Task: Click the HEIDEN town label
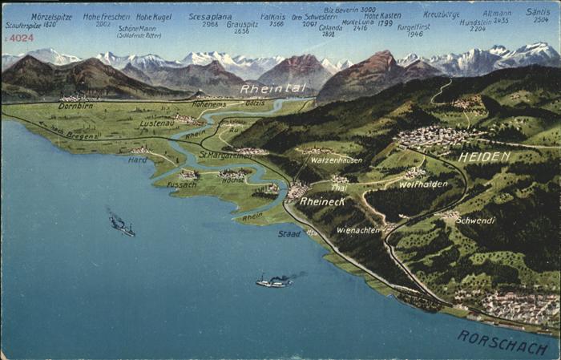point(483,157)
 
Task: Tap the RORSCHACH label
point(502,342)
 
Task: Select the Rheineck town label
point(322,201)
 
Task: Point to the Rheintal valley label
point(272,88)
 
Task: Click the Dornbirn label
point(75,106)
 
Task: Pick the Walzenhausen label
point(336,160)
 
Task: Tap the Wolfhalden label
point(423,184)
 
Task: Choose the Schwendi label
point(475,220)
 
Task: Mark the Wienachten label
point(358,230)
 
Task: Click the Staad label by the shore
point(289,233)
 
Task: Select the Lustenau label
point(156,123)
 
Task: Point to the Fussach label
point(181,184)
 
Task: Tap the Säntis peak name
point(537,13)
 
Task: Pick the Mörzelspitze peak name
point(51,16)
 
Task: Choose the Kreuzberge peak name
point(442,14)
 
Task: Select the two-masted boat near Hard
point(122,225)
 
